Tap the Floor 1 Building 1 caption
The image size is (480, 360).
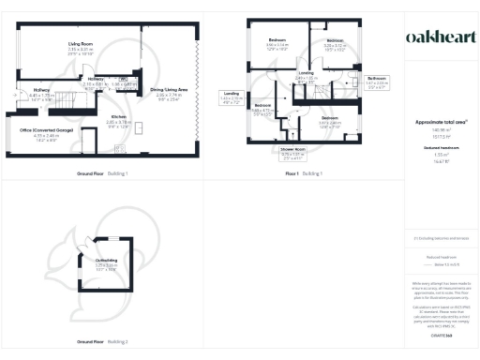(305, 174)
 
